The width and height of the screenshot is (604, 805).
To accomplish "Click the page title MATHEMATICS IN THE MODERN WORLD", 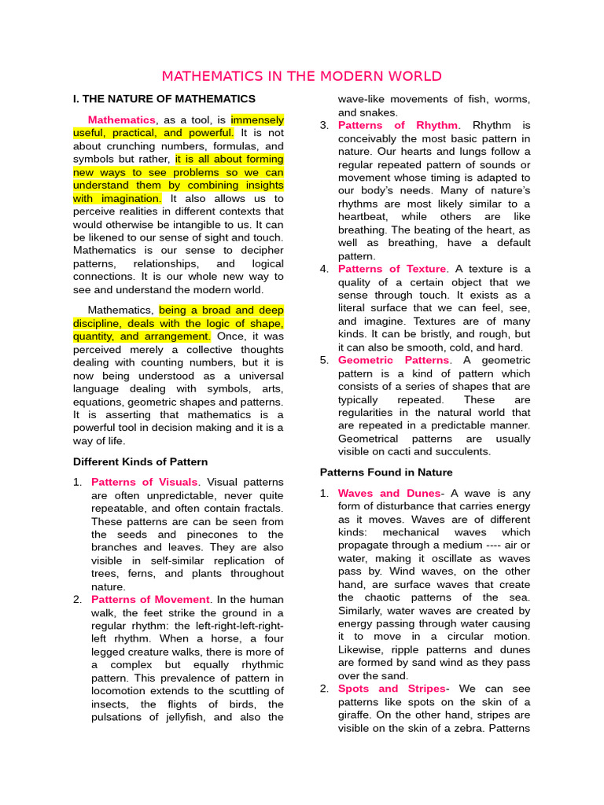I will (301, 76).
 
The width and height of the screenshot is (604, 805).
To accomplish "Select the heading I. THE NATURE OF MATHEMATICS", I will (164, 99).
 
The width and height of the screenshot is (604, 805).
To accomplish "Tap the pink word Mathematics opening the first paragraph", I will (122, 119).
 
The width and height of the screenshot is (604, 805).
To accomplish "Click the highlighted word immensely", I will (257, 119).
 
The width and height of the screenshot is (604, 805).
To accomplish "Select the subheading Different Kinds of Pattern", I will (140, 461).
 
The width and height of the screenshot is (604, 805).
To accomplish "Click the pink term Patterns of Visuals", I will (145, 482).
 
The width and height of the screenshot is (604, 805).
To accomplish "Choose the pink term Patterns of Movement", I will (150, 600).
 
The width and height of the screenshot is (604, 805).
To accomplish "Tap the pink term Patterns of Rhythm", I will (397, 125).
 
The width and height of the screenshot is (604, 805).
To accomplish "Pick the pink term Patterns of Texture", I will (392, 269).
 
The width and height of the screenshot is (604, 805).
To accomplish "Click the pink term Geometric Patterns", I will (393, 360).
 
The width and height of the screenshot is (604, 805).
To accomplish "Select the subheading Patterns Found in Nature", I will (386, 472).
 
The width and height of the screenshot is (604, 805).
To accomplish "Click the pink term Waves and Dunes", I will (389, 493).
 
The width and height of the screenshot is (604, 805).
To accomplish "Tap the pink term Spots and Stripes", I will (391, 689).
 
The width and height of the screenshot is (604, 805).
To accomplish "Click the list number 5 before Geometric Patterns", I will (324, 360).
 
